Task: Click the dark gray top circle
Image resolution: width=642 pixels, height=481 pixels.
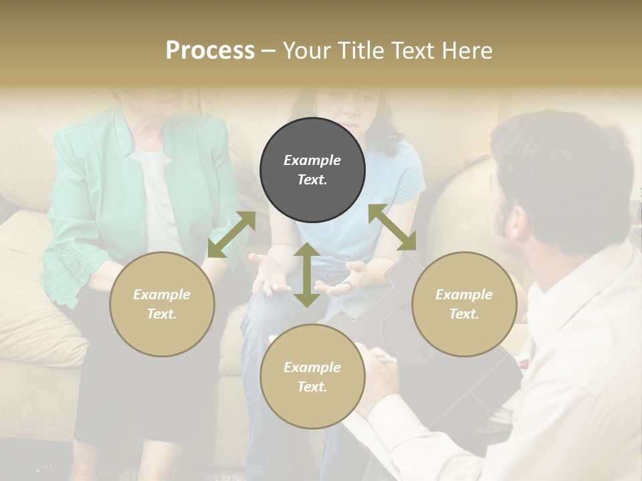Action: click(x=312, y=170)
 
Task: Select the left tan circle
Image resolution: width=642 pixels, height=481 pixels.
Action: click(x=162, y=304)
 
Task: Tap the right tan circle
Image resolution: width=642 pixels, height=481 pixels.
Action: click(x=464, y=304)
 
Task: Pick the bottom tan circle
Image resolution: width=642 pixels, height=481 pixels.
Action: click(x=312, y=377)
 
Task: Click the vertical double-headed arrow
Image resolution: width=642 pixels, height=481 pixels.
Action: click(x=307, y=275)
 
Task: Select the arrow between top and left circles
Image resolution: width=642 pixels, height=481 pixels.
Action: click(x=231, y=234)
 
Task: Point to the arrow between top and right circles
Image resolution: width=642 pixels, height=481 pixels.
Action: click(x=393, y=227)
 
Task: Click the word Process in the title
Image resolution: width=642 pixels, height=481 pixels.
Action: click(x=210, y=51)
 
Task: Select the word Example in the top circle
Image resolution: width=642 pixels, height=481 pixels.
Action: click(x=312, y=160)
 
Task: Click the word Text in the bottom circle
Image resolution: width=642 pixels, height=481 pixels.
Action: click(x=312, y=387)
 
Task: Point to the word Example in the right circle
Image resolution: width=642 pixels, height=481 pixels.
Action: click(x=464, y=295)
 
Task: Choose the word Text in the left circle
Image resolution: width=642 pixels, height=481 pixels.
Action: click(x=162, y=314)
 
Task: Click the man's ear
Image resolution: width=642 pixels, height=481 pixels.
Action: click(x=516, y=224)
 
